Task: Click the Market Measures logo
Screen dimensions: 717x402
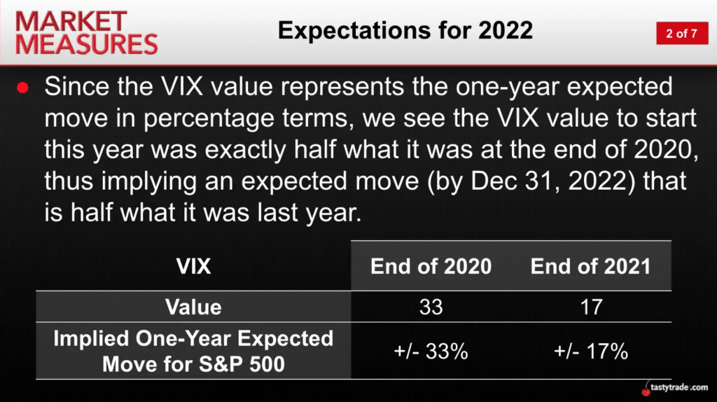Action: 87,33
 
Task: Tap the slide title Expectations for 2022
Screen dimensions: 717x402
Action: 405,31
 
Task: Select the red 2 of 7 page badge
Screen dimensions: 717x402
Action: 682,34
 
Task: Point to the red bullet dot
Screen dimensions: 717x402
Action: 22,88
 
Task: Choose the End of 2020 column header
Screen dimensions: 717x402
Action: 431,266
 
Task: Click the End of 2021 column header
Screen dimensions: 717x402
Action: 590,266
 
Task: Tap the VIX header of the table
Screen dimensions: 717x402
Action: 193,266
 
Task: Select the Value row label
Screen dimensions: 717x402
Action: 193,307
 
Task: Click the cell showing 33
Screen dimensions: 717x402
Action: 431,307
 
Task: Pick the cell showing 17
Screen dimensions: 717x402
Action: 591,307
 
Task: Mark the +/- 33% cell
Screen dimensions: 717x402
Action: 431,352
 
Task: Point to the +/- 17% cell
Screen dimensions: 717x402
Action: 591,352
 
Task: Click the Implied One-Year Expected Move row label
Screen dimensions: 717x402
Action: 193,352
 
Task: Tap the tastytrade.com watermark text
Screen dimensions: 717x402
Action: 679,387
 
